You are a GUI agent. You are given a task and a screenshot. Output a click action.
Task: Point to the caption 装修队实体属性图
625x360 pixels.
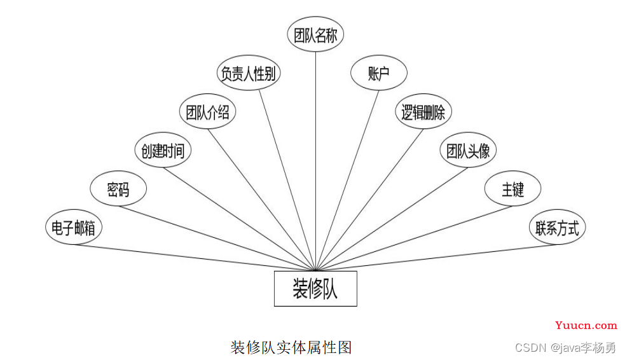(x=291, y=347)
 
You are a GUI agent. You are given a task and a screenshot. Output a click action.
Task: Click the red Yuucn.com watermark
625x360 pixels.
(x=586, y=325)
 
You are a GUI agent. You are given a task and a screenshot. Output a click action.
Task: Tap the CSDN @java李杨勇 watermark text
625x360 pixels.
(x=566, y=348)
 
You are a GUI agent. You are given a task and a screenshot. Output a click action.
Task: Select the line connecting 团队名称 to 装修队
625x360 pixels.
(x=316, y=162)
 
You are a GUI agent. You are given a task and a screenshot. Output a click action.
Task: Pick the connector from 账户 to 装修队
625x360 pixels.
(x=347, y=181)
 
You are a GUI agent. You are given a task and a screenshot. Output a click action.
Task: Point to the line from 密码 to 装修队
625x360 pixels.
(x=217, y=239)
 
